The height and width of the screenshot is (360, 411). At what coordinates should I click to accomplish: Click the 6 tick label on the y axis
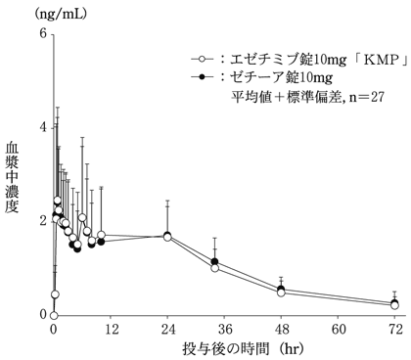(42, 33)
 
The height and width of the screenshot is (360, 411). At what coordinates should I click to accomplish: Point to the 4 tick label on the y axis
(42, 127)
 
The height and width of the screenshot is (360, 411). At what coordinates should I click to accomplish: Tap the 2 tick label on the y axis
(42, 221)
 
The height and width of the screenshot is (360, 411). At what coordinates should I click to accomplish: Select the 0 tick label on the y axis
(42, 315)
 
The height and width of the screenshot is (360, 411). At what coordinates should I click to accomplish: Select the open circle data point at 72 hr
(395, 305)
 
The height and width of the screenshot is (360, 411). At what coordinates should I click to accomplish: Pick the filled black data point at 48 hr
(282, 288)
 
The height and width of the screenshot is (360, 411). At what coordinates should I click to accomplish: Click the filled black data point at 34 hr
(215, 261)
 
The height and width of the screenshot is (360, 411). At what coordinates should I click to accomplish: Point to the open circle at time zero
(54, 315)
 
